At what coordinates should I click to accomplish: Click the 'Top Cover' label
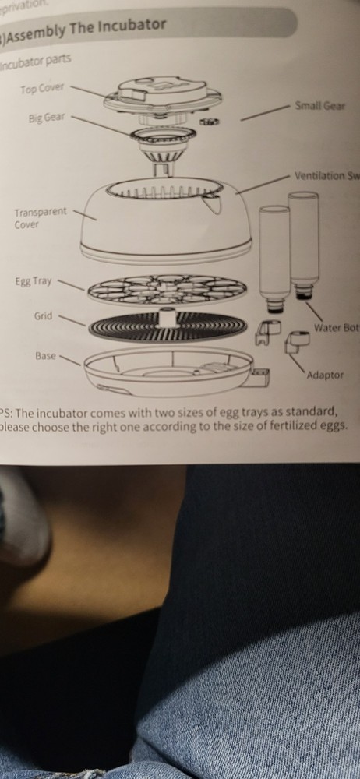pos(42,88)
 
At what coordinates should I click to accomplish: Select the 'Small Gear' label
pos(319,105)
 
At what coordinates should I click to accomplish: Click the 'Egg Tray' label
pos(32,281)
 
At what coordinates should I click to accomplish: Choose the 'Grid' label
pos(43,316)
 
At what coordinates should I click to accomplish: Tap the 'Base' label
pos(45,355)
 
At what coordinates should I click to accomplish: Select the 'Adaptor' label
pos(325,375)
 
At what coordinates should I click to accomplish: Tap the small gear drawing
pos(208,122)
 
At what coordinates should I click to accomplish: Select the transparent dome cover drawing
pos(160,222)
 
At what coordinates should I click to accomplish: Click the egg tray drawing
pos(167,290)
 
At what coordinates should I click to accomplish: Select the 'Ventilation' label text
pos(322,175)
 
